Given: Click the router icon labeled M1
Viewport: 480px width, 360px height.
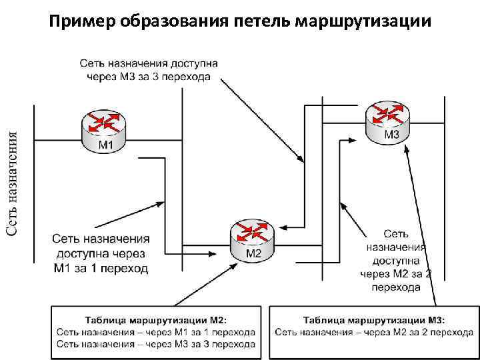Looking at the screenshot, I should (x=105, y=129).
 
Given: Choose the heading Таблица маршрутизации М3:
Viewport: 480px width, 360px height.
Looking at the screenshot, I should (x=374, y=319).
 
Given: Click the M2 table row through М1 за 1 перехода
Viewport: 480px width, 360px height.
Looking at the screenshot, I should (x=155, y=331).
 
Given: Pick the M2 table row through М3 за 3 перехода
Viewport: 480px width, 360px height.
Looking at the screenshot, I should (x=155, y=344).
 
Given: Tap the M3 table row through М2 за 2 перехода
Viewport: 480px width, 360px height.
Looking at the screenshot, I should (x=374, y=331).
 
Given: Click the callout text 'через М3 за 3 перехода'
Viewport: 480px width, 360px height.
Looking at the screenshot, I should (x=148, y=77).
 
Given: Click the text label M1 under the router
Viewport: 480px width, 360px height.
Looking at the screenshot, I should (x=105, y=145).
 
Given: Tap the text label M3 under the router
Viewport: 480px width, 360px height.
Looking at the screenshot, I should (x=391, y=135).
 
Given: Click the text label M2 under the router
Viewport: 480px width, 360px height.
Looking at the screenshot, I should (x=254, y=254).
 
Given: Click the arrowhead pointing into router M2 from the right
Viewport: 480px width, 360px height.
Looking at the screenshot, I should (x=281, y=227).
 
